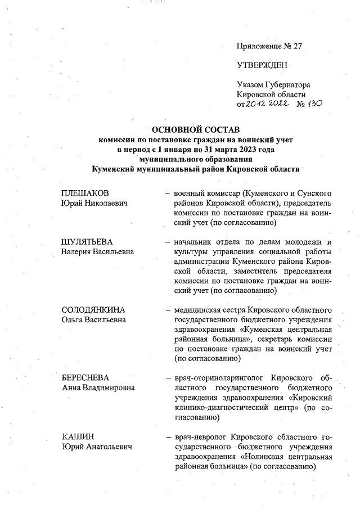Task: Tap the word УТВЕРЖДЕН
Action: pyautogui.click(x=262, y=66)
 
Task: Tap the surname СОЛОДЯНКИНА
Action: pyautogui.click(x=93, y=310)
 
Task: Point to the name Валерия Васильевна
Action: pyautogui.click(x=97, y=252)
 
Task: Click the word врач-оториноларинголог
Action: pyautogui.click(x=219, y=377)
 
